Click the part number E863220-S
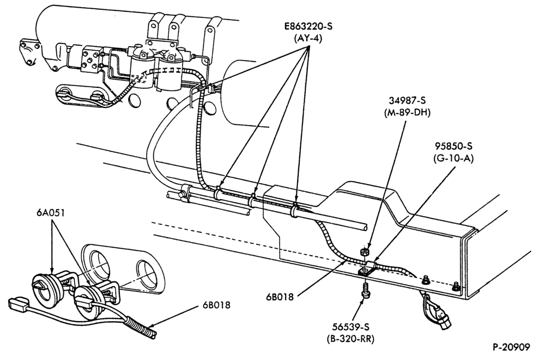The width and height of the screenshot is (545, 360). [x=306, y=26]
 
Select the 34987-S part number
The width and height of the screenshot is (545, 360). [x=407, y=100]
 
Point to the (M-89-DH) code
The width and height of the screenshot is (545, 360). [x=407, y=113]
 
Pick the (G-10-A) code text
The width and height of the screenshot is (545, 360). [x=453, y=158]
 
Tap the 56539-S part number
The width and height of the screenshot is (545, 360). [x=350, y=327]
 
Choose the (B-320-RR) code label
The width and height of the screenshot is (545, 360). [x=350, y=339]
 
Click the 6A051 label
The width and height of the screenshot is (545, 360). [x=51, y=213]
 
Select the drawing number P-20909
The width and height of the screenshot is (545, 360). [x=511, y=347]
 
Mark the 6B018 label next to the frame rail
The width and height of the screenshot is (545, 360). [x=280, y=297]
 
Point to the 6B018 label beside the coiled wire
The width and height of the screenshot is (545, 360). [x=216, y=305]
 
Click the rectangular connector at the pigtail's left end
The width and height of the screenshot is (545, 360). [x=19, y=303]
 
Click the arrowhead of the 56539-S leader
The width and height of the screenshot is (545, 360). [x=363, y=300]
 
